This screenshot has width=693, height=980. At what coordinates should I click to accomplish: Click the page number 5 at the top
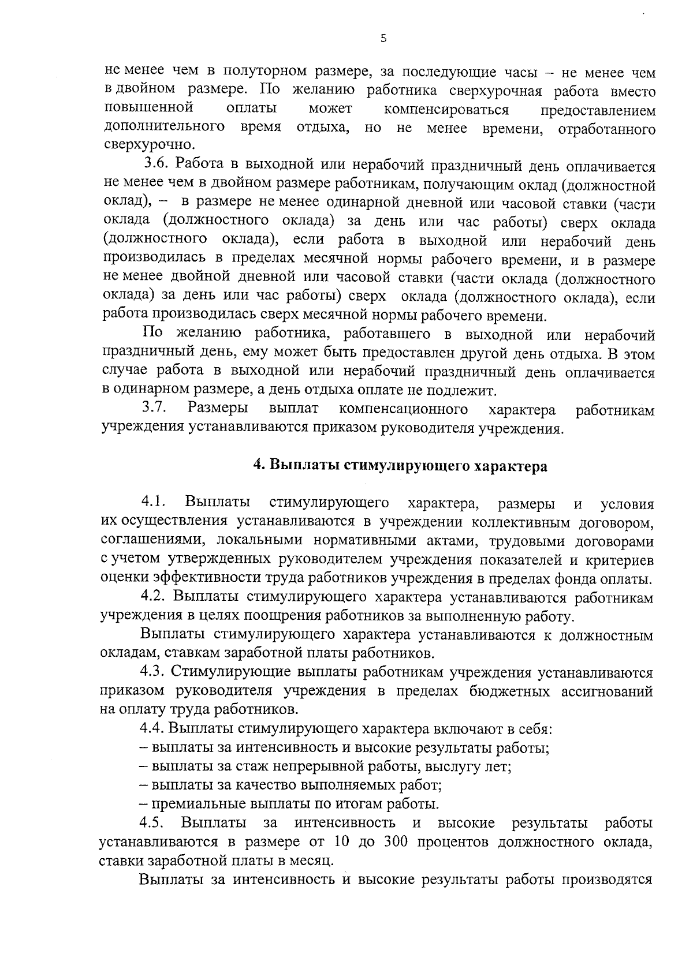point(383,39)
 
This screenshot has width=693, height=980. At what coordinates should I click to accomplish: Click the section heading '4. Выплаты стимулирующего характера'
point(401,466)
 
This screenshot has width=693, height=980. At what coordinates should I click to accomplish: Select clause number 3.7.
point(154,409)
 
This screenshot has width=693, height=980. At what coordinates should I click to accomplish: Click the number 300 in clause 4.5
point(396,841)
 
